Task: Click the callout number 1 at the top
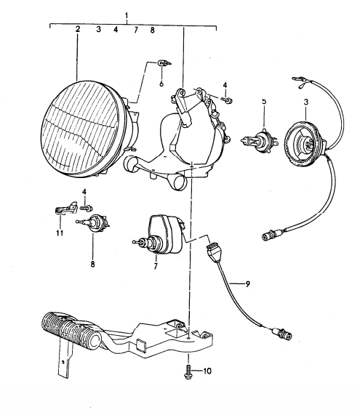coord(127,15)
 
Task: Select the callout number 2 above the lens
coord(77,30)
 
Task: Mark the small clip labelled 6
coord(164,64)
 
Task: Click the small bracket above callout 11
coord(64,209)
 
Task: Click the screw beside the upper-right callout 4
coord(228,98)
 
